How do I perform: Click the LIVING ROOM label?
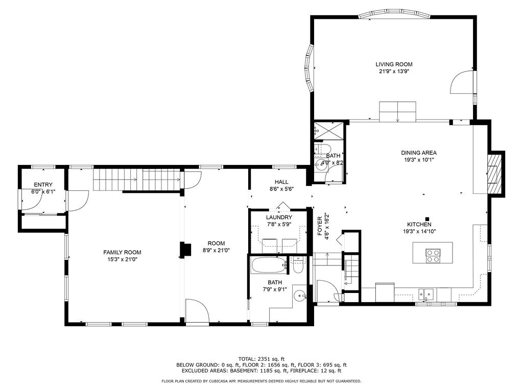click(x=394, y=64)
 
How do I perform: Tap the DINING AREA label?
click(x=419, y=153)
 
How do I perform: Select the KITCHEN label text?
click(x=419, y=225)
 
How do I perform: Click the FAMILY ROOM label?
click(x=122, y=252)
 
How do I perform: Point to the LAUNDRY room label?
click(x=279, y=217)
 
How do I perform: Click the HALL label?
click(x=281, y=182)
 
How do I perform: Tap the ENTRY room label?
click(x=43, y=185)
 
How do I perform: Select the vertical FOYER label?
click(x=320, y=225)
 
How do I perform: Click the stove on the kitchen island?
click(x=433, y=255)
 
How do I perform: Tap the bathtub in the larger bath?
click(x=269, y=265)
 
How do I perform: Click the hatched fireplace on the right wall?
click(x=494, y=174)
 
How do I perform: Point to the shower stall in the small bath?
click(x=329, y=130)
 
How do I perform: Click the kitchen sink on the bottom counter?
click(x=426, y=293)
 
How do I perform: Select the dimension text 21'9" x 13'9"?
click(x=394, y=71)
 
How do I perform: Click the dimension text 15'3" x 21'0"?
click(x=122, y=259)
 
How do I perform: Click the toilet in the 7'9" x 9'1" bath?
click(x=299, y=265)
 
